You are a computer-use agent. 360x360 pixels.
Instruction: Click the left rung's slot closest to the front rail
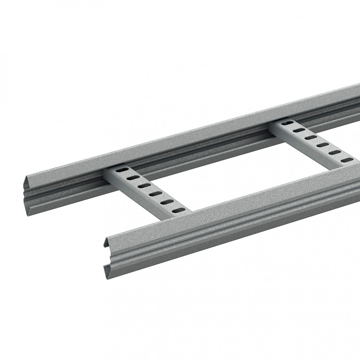[x=178, y=210]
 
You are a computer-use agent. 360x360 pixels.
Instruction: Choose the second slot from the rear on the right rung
[x=298, y=130]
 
